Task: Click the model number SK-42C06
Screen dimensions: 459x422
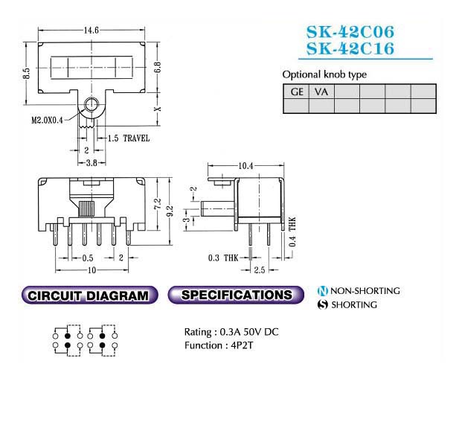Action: click(350, 32)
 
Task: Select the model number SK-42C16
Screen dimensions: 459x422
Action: click(350, 48)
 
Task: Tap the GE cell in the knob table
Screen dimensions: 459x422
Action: click(296, 92)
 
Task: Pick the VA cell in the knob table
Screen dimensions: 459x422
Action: click(321, 92)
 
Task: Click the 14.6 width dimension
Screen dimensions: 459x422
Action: click(92, 31)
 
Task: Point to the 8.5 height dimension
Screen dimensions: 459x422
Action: click(26, 73)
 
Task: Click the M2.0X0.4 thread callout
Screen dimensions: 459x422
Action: click(47, 120)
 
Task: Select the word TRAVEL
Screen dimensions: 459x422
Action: click(136, 138)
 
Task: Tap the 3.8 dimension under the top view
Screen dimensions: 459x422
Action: click(92, 163)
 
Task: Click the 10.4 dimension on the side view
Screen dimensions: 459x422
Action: click(245, 166)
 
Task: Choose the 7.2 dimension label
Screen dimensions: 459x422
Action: click(157, 203)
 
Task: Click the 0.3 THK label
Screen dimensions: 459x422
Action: click(223, 258)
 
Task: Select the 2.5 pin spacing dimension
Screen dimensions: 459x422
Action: click(260, 269)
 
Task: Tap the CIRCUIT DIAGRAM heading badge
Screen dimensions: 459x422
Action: click(89, 295)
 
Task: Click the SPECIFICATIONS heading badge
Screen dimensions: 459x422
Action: click(236, 295)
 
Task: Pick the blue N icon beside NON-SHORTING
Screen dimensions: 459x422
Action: click(322, 291)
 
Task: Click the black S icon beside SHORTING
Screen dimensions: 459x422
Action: click(322, 305)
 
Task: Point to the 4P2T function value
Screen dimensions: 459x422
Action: click(242, 345)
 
